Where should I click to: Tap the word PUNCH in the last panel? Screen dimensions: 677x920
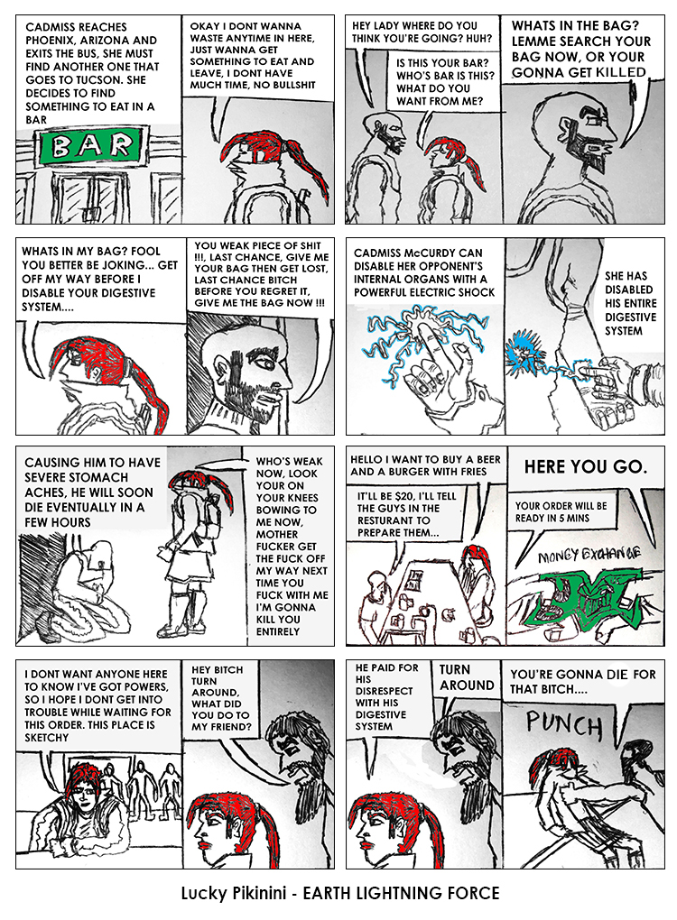564,724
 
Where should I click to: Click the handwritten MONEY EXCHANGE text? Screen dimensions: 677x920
589,555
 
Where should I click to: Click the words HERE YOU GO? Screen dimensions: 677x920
586,467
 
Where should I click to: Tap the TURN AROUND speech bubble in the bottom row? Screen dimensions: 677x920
467,677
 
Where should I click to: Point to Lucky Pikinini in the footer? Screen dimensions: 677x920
233,893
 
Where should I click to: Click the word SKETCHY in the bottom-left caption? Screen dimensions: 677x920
46,738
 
